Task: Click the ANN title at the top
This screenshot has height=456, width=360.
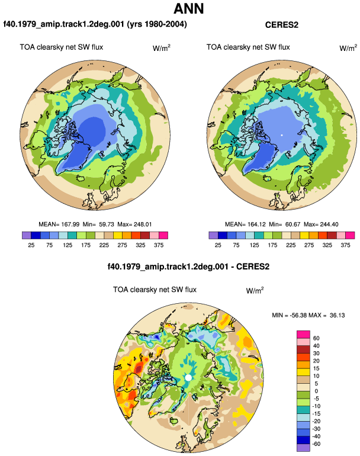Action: pyautogui.click(x=188, y=8)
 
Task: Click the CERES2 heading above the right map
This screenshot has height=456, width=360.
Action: pyautogui.click(x=281, y=25)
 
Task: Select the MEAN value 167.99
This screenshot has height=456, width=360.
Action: pyautogui.click(x=70, y=224)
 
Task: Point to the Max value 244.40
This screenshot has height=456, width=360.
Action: pyautogui.click(x=329, y=224)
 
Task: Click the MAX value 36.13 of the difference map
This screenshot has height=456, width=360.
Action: pyautogui.click(x=337, y=315)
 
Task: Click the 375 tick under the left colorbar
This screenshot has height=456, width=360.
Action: pyautogui.click(x=159, y=245)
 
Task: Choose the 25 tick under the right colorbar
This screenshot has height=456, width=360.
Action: pyautogui.click(x=218, y=245)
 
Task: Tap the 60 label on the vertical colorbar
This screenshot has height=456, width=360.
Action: pyautogui.click(x=316, y=338)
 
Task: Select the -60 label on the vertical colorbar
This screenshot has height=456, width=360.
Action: pyautogui.click(x=316, y=444)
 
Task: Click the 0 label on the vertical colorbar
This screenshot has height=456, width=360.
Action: pyautogui.click(x=316, y=391)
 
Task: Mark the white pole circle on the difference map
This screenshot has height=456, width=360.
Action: pyautogui.click(x=188, y=377)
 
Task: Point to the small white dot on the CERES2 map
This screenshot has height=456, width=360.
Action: pyautogui.click(x=281, y=135)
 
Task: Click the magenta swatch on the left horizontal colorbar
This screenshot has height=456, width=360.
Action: pyautogui.click(x=163, y=235)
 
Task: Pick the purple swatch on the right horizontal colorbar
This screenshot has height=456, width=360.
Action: pyautogui.click(x=213, y=235)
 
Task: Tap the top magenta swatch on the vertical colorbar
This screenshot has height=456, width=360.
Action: pyautogui.click(x=304, y=335)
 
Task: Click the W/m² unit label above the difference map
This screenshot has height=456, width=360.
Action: pyautogui.click(x=255, y=290)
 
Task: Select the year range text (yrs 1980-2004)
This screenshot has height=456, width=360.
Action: pyautogui.click(x=157, y=24)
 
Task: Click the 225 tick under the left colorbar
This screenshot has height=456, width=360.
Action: pyautogui.click(x=104, y=245)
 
